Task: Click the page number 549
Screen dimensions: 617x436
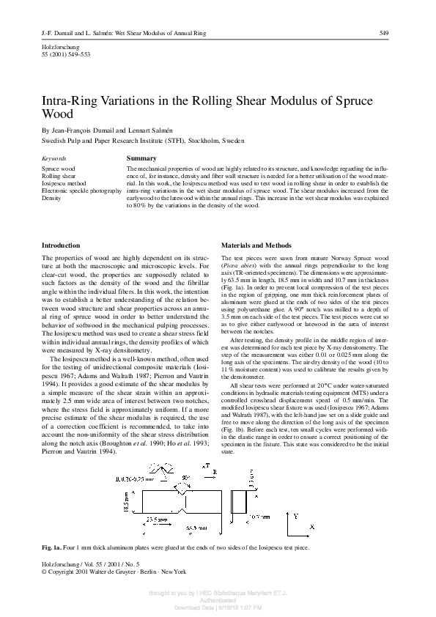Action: (383, 34)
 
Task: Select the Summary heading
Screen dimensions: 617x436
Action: (141, 158)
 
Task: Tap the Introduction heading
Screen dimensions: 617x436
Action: (62, 245)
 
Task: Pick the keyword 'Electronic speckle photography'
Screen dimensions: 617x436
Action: (81, 191)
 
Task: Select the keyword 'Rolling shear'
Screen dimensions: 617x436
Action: (59, 176)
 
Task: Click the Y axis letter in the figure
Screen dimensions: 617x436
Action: (295, 496)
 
